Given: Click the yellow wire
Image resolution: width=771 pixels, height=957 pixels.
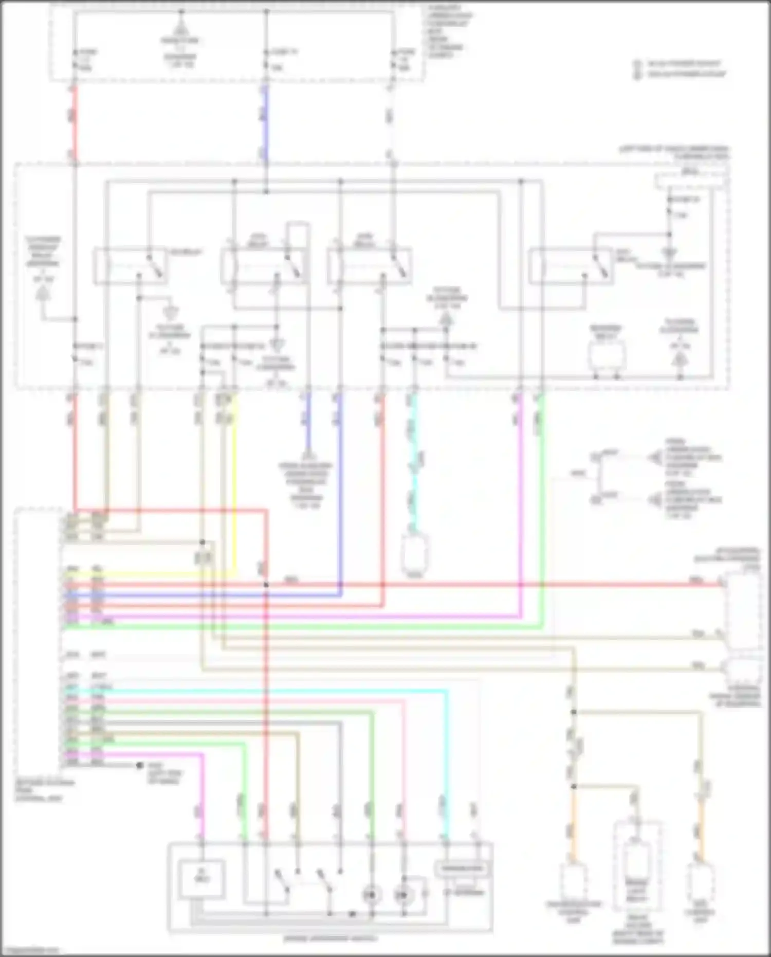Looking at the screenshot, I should pyautogui.click(x=235, y=483).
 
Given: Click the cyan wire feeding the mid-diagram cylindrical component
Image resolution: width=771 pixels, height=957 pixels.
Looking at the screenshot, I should pyautogui.click(x=413, y=463).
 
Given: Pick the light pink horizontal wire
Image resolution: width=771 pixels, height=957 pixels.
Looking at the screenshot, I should pyautogui.click(x=257, y=700).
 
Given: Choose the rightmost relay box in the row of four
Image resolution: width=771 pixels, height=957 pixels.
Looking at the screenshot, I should pyautogui.click(x=571, y=266).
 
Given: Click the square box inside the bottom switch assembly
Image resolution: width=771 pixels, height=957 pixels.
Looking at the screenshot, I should pyautogui.click(x=201, y=878).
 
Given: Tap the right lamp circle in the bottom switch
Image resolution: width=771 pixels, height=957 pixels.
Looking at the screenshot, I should pyautogui.click(x=403, y=895).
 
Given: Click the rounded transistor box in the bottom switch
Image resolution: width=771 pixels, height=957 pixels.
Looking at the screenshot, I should pyautogui.click(x=462, y=869).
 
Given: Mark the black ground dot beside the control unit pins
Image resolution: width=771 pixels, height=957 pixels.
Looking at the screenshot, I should pyautogui.click(x=139, y=765).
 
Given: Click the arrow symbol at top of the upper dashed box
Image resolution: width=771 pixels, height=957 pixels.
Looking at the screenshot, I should pyautogui.click(x=181, y=28).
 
